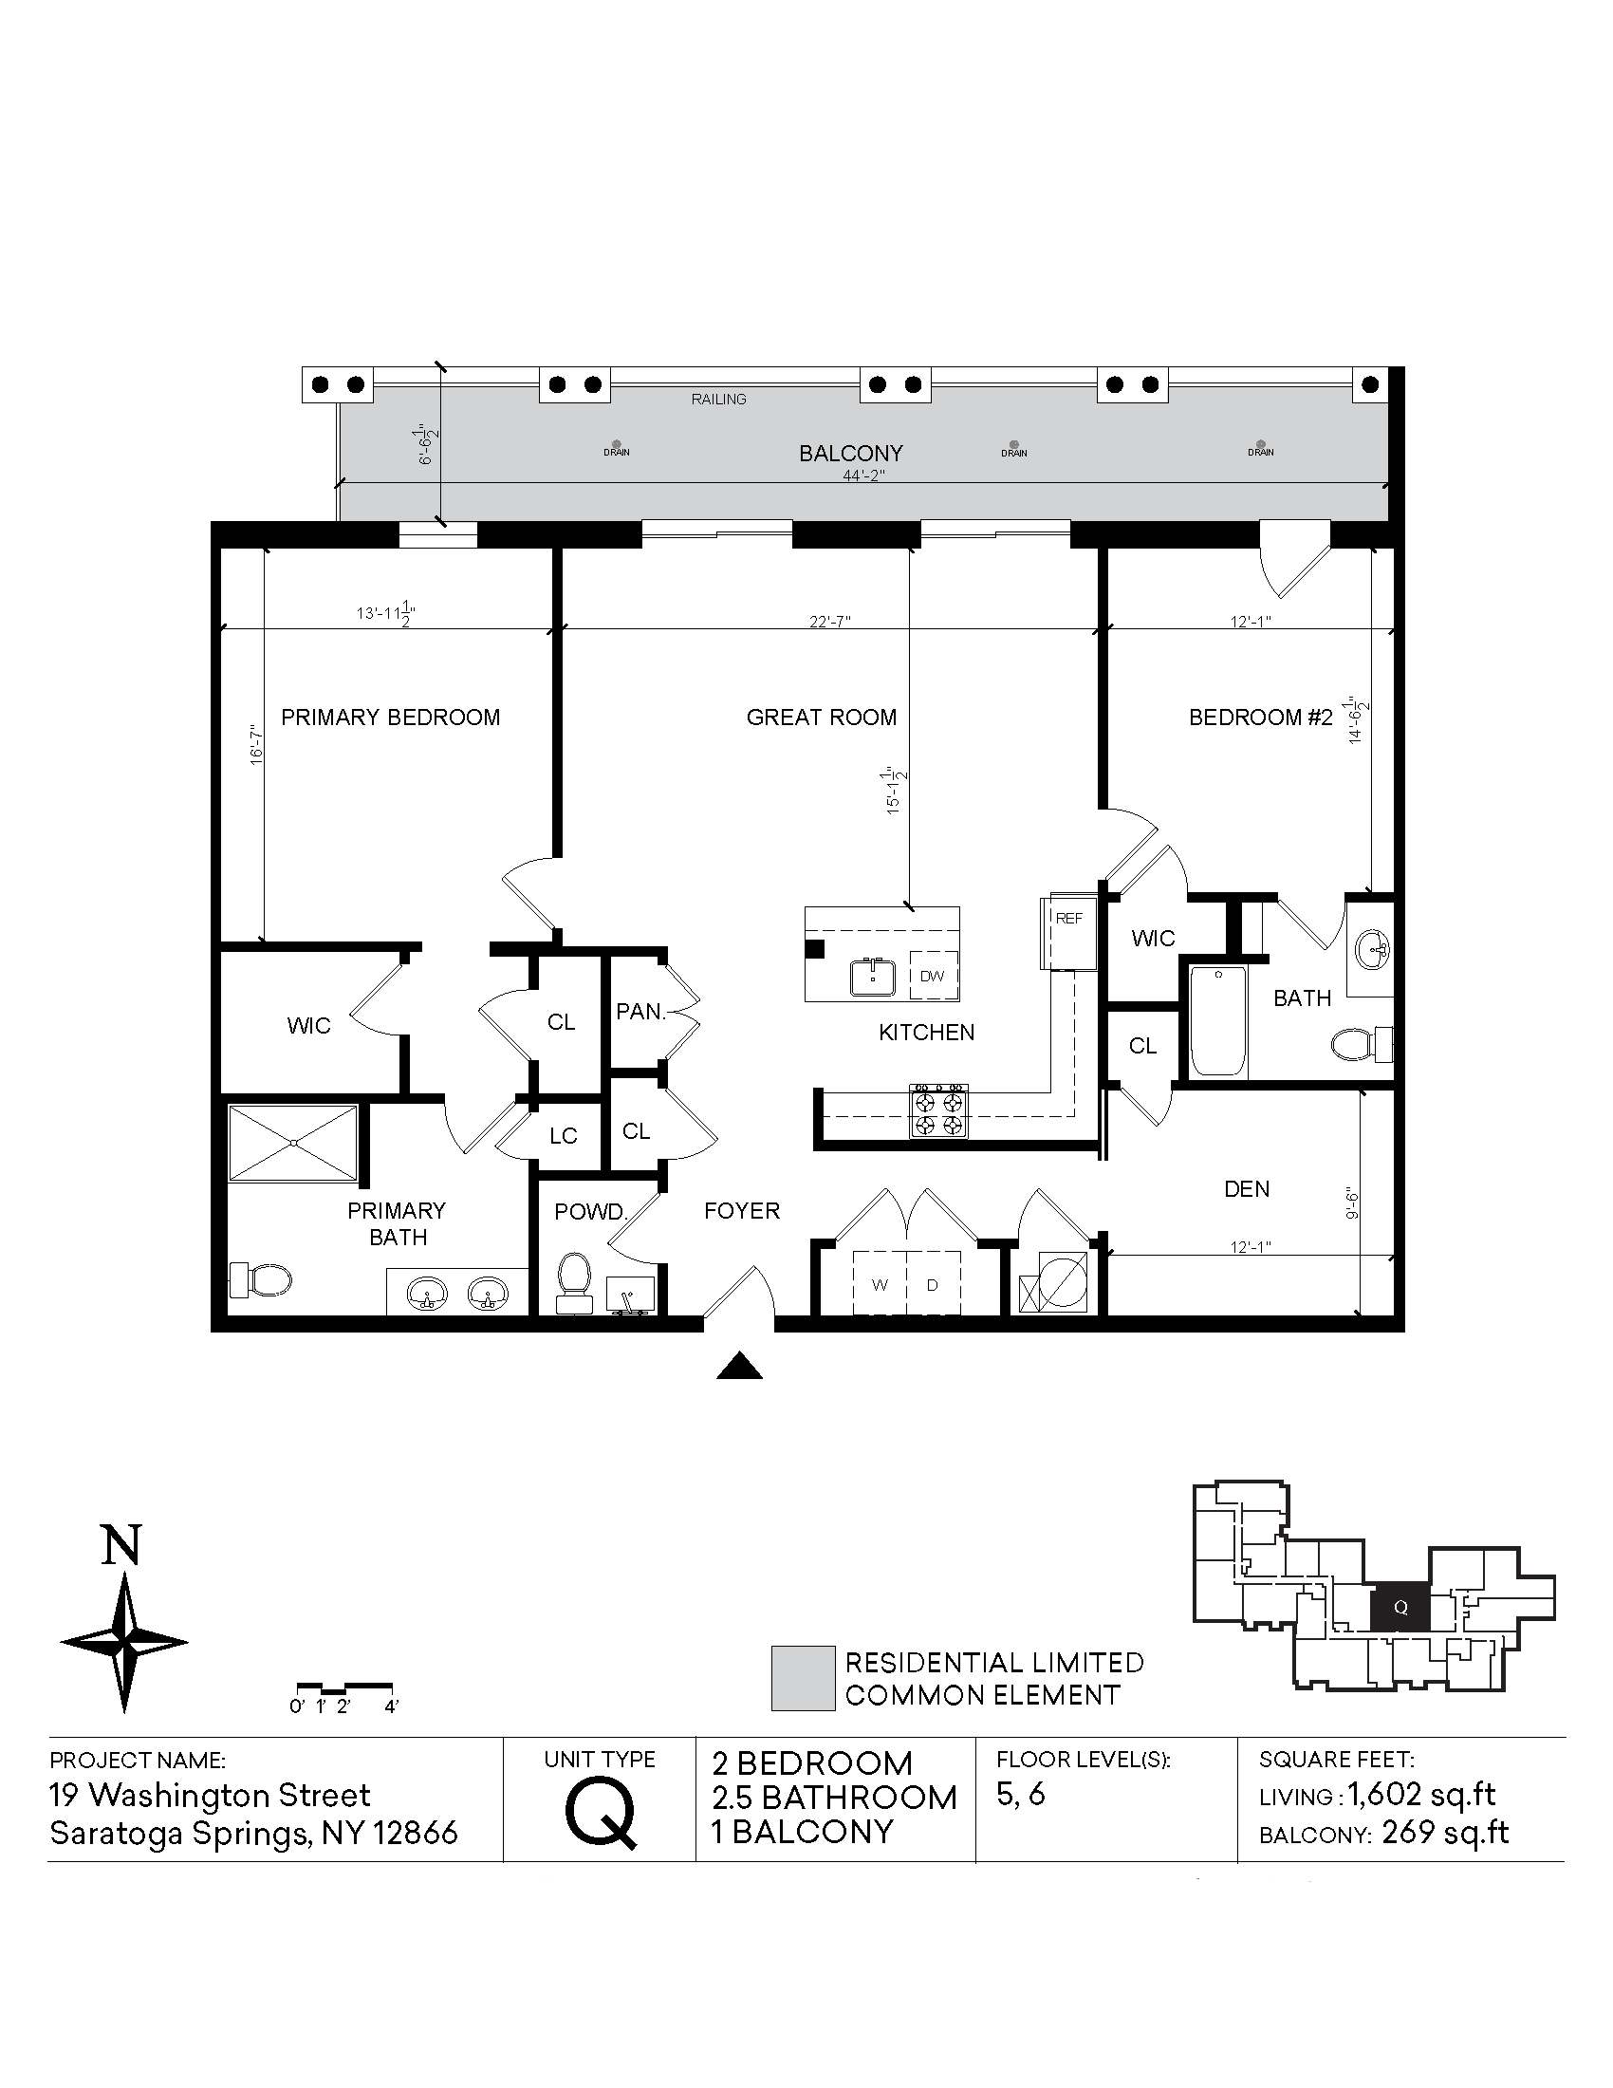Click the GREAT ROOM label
(x=821, y=717)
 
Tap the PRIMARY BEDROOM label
(x=390, y=717)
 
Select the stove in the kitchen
(x=938, y=1110)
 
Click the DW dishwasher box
(x=933, y=976)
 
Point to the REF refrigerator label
(x=1069, y=918)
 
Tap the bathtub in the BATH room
(x=1218, y=1020)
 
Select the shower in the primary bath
(x=293, y=1143)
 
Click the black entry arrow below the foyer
(x=740, y=1367)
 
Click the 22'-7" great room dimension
(x=829, y=621)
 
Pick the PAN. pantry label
(x=640, y=1012)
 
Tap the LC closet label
(x=564, y=1135)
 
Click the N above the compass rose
(x=122, y=1546)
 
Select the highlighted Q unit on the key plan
(x=1400, y=1607)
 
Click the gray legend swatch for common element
(x=803, y=1678)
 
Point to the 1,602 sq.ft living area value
(x=1422, y=1795)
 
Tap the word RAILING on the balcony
(x=718, y=399)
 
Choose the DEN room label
(x=1247, y=1188)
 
